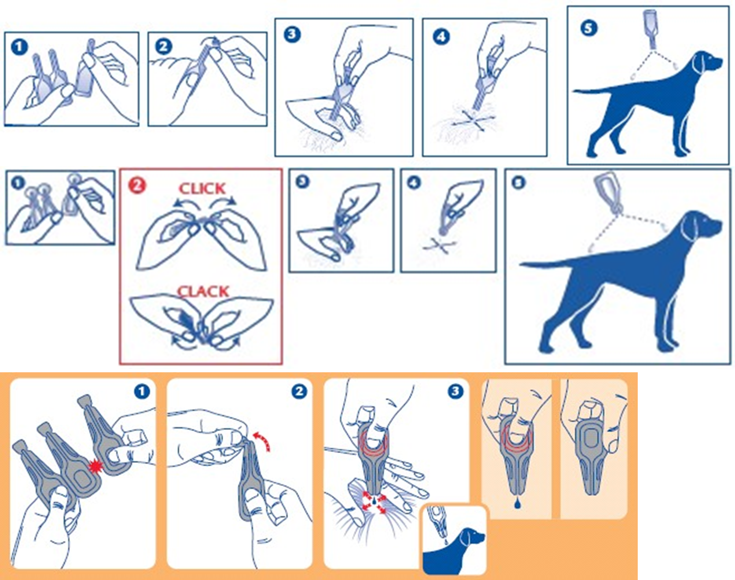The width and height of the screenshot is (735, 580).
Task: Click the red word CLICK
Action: pyautogui.click(x=202, y=189)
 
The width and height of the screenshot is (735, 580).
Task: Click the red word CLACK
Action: pyautogui.click(x=203, y=291)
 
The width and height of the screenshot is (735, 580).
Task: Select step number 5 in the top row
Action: pyautogui.click(x=589, y=28)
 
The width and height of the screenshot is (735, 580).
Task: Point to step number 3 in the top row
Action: pyautogui.click(x=292, y=34)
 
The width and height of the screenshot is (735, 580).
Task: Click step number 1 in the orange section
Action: pyautogui.click(x=142, y=391)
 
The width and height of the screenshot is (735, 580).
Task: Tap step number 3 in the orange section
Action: pyautogui.click(x=455, y=391)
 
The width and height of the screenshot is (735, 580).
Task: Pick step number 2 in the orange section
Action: pyautogui.click(x=299, y=391)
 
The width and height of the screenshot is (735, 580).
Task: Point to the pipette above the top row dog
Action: pyautogui.click(x=650, y=28)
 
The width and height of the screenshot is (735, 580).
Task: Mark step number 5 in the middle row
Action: pyautogui.click(x=518, y=182)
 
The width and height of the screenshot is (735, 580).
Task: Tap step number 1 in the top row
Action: pyautogui.click(x=19, y=47)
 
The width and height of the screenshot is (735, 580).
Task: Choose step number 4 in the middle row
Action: pyautogui.click(x=414, y=182)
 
